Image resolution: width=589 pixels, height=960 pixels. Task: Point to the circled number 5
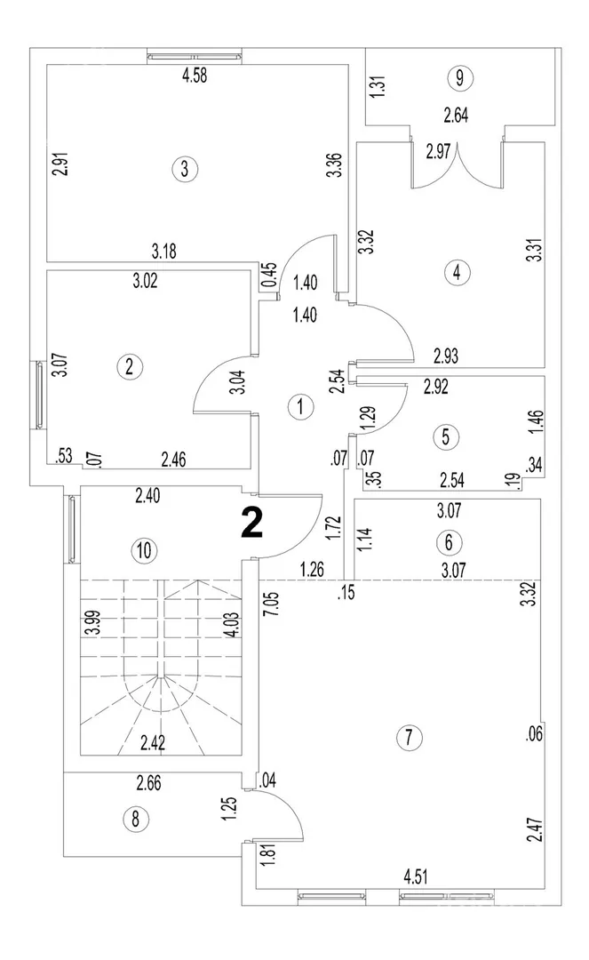pyautogui.click(x=447, y=436)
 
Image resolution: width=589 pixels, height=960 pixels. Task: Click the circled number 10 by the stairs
pyautogui.click(x=143, y=550)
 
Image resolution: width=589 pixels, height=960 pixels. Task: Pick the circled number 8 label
pyautogui.click(x=135, y=819)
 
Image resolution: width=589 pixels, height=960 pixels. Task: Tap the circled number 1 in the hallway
pyautogui.click(x=301, y=408)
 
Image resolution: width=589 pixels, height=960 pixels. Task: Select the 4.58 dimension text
pyautogui.click(x=195, y=76)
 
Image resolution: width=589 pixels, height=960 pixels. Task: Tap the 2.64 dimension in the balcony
pyautogui.click(x=457, y=114)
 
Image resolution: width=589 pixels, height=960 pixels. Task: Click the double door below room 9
pyautogui.click(x=457, y=164)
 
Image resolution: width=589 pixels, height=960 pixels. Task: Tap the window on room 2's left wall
pyautogui.click(x=40, y=395)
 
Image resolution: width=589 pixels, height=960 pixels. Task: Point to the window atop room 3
pyautogui.click(x=195, y=56)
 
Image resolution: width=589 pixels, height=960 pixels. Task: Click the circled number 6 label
pyautogui.click(x=449, y=540)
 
